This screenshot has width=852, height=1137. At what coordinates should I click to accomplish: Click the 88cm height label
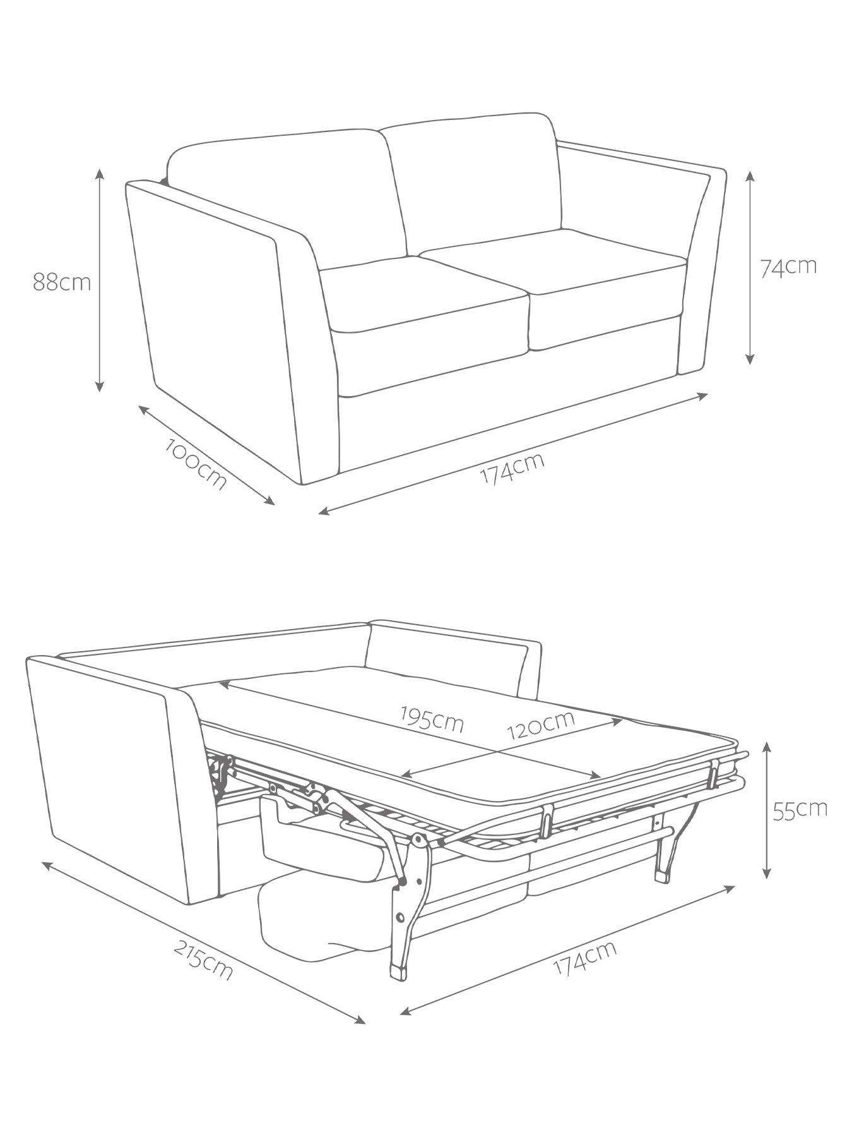(62, 282)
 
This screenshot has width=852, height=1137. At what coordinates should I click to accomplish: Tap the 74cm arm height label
(788, 266)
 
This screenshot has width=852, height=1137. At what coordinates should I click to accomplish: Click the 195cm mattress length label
(433, 719)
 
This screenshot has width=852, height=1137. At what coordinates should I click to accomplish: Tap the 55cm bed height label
(800, 810)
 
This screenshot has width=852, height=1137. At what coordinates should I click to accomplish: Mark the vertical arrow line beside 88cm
(100, 280)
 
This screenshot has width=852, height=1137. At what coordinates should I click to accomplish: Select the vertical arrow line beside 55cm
(767, 810)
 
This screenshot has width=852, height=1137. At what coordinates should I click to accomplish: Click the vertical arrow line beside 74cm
(750, 267)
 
